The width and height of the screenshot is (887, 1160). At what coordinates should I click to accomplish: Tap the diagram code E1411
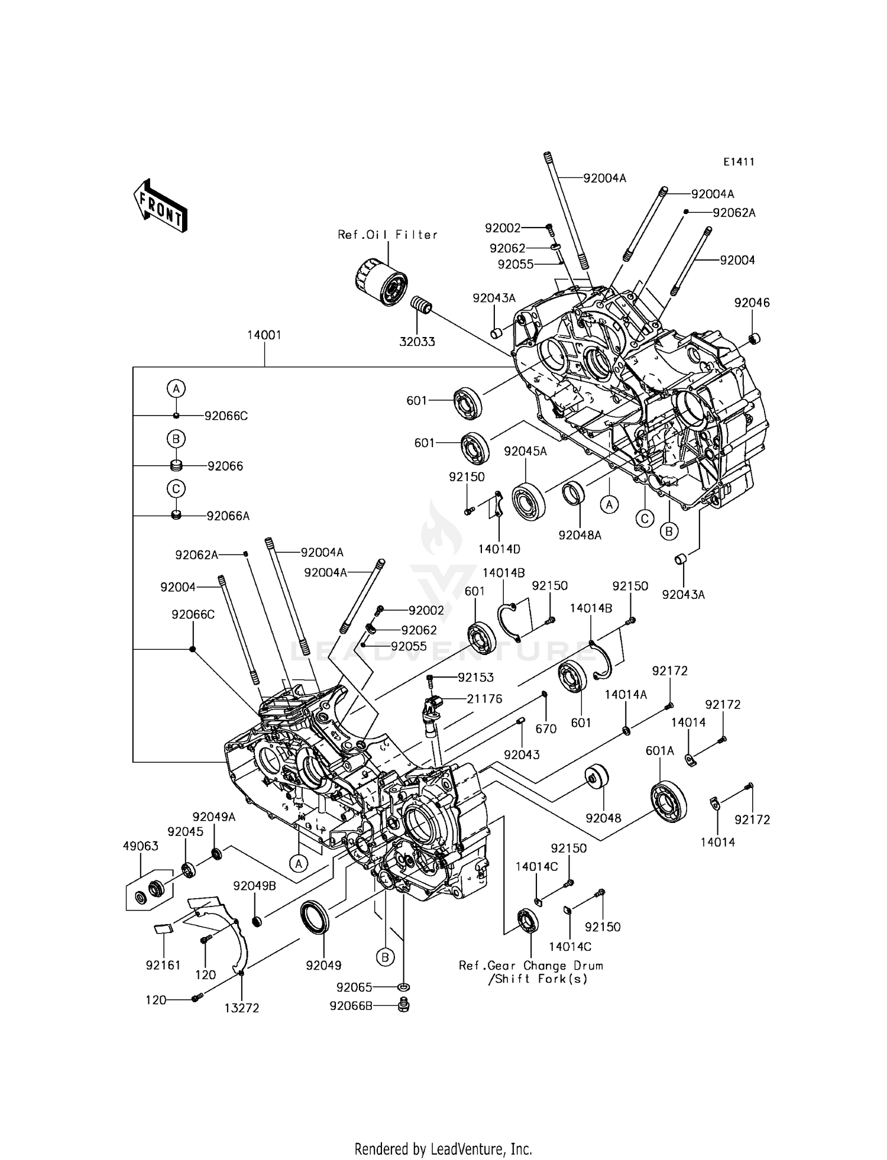coord(739,162)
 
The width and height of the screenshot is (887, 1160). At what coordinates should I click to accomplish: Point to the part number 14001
coord(264,335)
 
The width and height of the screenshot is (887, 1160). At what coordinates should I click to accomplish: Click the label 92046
coord(752,303)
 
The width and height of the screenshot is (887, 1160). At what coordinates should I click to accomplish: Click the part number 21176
coord(484,699)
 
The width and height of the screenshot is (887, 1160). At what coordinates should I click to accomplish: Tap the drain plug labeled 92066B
coord(404,1004)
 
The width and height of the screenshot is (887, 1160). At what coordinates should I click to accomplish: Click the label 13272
coord(241,1008)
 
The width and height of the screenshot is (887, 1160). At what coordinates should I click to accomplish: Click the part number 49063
coord(141,846)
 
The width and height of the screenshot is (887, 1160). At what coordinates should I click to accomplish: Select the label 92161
coord(163,965)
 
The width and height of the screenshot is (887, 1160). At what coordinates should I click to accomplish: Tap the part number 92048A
coord(580,535)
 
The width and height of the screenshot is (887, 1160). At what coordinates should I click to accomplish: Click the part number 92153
coord(475,678)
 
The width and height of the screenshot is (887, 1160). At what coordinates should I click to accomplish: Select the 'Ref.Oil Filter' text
coord(387,235)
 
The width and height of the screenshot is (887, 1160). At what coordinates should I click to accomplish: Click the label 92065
coord(354,987)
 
